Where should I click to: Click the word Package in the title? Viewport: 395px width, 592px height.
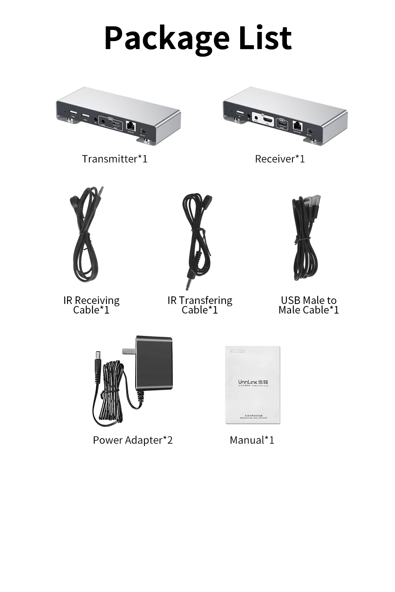click(x=166, y=39)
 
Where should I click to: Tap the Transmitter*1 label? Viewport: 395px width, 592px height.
click(x=115, y=159)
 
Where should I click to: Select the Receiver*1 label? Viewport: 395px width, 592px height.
click(x=280, y=159)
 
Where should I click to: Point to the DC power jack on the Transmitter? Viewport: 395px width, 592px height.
click(x=144, y=131)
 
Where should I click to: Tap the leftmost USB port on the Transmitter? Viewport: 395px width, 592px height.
click(x=73, y=113)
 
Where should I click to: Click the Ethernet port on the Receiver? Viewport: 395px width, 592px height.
click(x=297, y=125)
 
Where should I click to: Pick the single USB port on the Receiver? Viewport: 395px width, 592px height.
click(x=240, y=113)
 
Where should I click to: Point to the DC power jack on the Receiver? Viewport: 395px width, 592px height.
click(x=310, y=130)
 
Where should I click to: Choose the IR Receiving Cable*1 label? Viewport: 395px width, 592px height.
click(x=91, y=305)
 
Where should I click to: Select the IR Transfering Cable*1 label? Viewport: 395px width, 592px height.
click(x=199, y=305)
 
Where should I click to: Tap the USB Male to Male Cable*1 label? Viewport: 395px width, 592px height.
click(x=308, y=305)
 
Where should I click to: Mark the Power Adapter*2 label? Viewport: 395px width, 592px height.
click(x=132, y=440)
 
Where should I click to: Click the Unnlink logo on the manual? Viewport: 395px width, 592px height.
click(x=253, y=382)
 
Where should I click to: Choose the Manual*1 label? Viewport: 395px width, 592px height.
click(x=252, y=440)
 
